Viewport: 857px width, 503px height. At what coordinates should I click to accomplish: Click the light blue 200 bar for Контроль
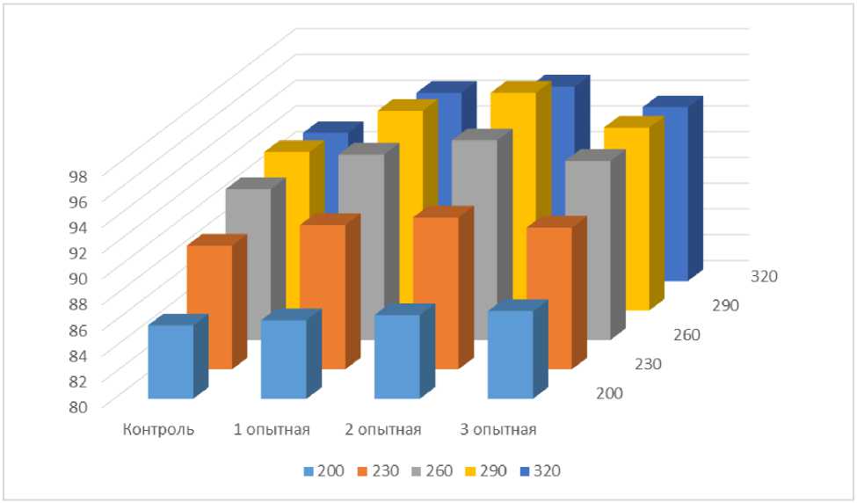coord(171,361)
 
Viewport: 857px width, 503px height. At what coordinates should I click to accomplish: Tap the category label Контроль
coord(158,430)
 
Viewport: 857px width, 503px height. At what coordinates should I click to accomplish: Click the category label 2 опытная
coord(385,430)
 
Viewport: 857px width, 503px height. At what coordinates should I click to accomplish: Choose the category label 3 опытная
coord(498,430)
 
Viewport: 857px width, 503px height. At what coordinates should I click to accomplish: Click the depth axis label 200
coord(608,393)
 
